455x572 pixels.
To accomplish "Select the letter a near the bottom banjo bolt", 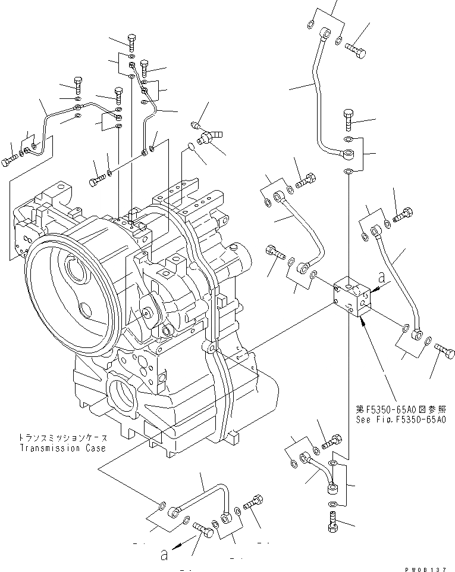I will tap(164, 555).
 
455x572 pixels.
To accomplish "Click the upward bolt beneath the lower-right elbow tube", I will tap(332, 524).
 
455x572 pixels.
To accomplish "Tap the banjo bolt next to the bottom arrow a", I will tap(204, 529).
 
